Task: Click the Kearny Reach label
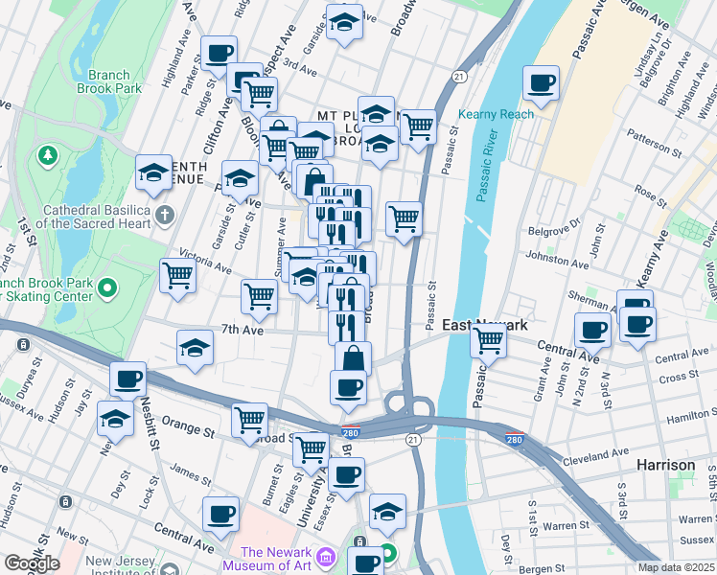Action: coord(496,114)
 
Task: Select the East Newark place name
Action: coord(485,326)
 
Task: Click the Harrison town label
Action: coord(666,465)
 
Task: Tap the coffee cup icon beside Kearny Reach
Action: coord(542,82)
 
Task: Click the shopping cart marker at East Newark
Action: coord(489,339)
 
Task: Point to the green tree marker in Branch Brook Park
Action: coord(46,154)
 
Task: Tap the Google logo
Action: coord(32,563)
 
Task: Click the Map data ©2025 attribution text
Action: coord(676,567)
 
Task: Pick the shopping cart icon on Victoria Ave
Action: coord(178,275)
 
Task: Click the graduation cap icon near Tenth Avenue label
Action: coord(152,172)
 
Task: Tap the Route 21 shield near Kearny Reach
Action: coord(460,77)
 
